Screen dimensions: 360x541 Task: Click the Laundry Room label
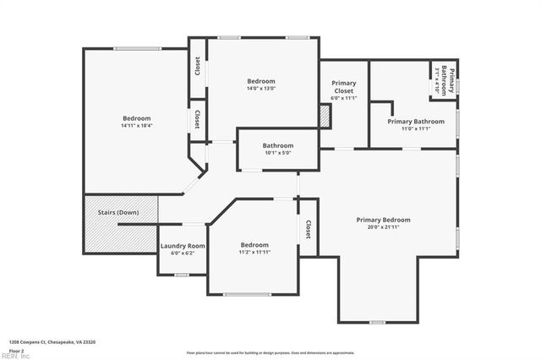183,246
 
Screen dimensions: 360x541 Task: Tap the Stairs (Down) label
118,211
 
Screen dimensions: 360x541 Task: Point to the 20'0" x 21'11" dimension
383,226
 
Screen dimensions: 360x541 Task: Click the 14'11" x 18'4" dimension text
136,126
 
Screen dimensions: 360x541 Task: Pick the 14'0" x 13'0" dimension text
260,87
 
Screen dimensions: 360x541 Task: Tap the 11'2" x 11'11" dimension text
254,252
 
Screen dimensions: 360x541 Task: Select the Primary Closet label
343,86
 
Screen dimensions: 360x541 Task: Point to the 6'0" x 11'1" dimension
343,98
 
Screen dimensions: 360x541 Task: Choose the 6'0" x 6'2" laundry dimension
183,253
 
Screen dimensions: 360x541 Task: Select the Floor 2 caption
17,350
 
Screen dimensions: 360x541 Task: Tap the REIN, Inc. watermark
15,356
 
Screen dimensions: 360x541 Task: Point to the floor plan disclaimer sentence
270,352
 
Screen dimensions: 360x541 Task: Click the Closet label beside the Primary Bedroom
308,229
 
